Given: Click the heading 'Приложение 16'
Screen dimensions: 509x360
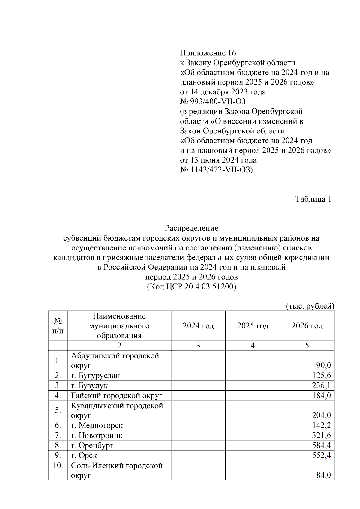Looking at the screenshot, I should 208,53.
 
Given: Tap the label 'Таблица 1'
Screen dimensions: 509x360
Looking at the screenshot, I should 313,199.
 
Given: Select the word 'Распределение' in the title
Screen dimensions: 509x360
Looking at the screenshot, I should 191,228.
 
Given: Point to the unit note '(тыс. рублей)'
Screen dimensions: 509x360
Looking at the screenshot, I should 309,306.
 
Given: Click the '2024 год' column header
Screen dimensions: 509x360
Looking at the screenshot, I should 198,326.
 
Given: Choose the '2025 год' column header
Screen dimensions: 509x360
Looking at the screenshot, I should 253,326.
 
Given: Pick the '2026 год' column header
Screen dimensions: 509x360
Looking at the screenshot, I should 307,326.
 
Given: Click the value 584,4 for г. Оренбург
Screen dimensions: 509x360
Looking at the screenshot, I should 321,445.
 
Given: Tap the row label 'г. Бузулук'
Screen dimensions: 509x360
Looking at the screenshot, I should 89,385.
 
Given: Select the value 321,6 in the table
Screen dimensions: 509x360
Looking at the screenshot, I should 321,435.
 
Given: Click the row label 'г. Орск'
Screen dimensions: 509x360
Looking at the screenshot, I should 84,455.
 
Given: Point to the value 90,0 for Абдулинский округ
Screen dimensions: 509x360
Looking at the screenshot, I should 323,365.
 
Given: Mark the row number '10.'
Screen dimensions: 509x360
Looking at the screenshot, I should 58,466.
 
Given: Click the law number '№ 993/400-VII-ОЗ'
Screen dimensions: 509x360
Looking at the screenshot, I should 213,102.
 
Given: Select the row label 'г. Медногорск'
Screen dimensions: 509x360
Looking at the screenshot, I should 97,425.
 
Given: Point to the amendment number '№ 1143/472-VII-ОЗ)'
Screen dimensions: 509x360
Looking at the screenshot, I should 216,170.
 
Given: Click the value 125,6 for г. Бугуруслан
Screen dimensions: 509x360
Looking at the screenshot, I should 321,375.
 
